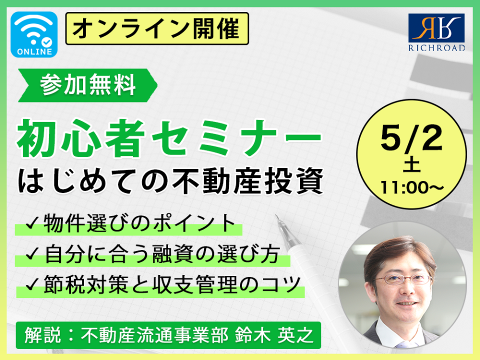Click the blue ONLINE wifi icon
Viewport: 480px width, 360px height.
click(34, 34)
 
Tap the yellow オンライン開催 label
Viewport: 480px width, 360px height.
click(156, 29)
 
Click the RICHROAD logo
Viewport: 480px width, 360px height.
click(436, 32)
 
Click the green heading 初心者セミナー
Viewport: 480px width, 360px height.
click(169, 138)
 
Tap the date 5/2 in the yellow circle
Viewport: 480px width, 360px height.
click(411, 138)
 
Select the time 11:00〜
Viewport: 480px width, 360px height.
click(411, 187)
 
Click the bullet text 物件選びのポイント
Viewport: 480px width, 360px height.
click(139, 223)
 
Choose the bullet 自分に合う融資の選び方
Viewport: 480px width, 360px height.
click(161, 254)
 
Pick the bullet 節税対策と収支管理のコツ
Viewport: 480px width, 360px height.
click(172, 284)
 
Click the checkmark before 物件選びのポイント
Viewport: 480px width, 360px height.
click(32, 223)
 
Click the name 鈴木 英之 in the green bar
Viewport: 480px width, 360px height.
click(274, 335)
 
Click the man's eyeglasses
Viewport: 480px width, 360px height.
click(403, 279)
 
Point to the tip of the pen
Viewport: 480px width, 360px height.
click(276, 216)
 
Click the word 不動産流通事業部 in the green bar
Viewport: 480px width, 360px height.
click(154, 335)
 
